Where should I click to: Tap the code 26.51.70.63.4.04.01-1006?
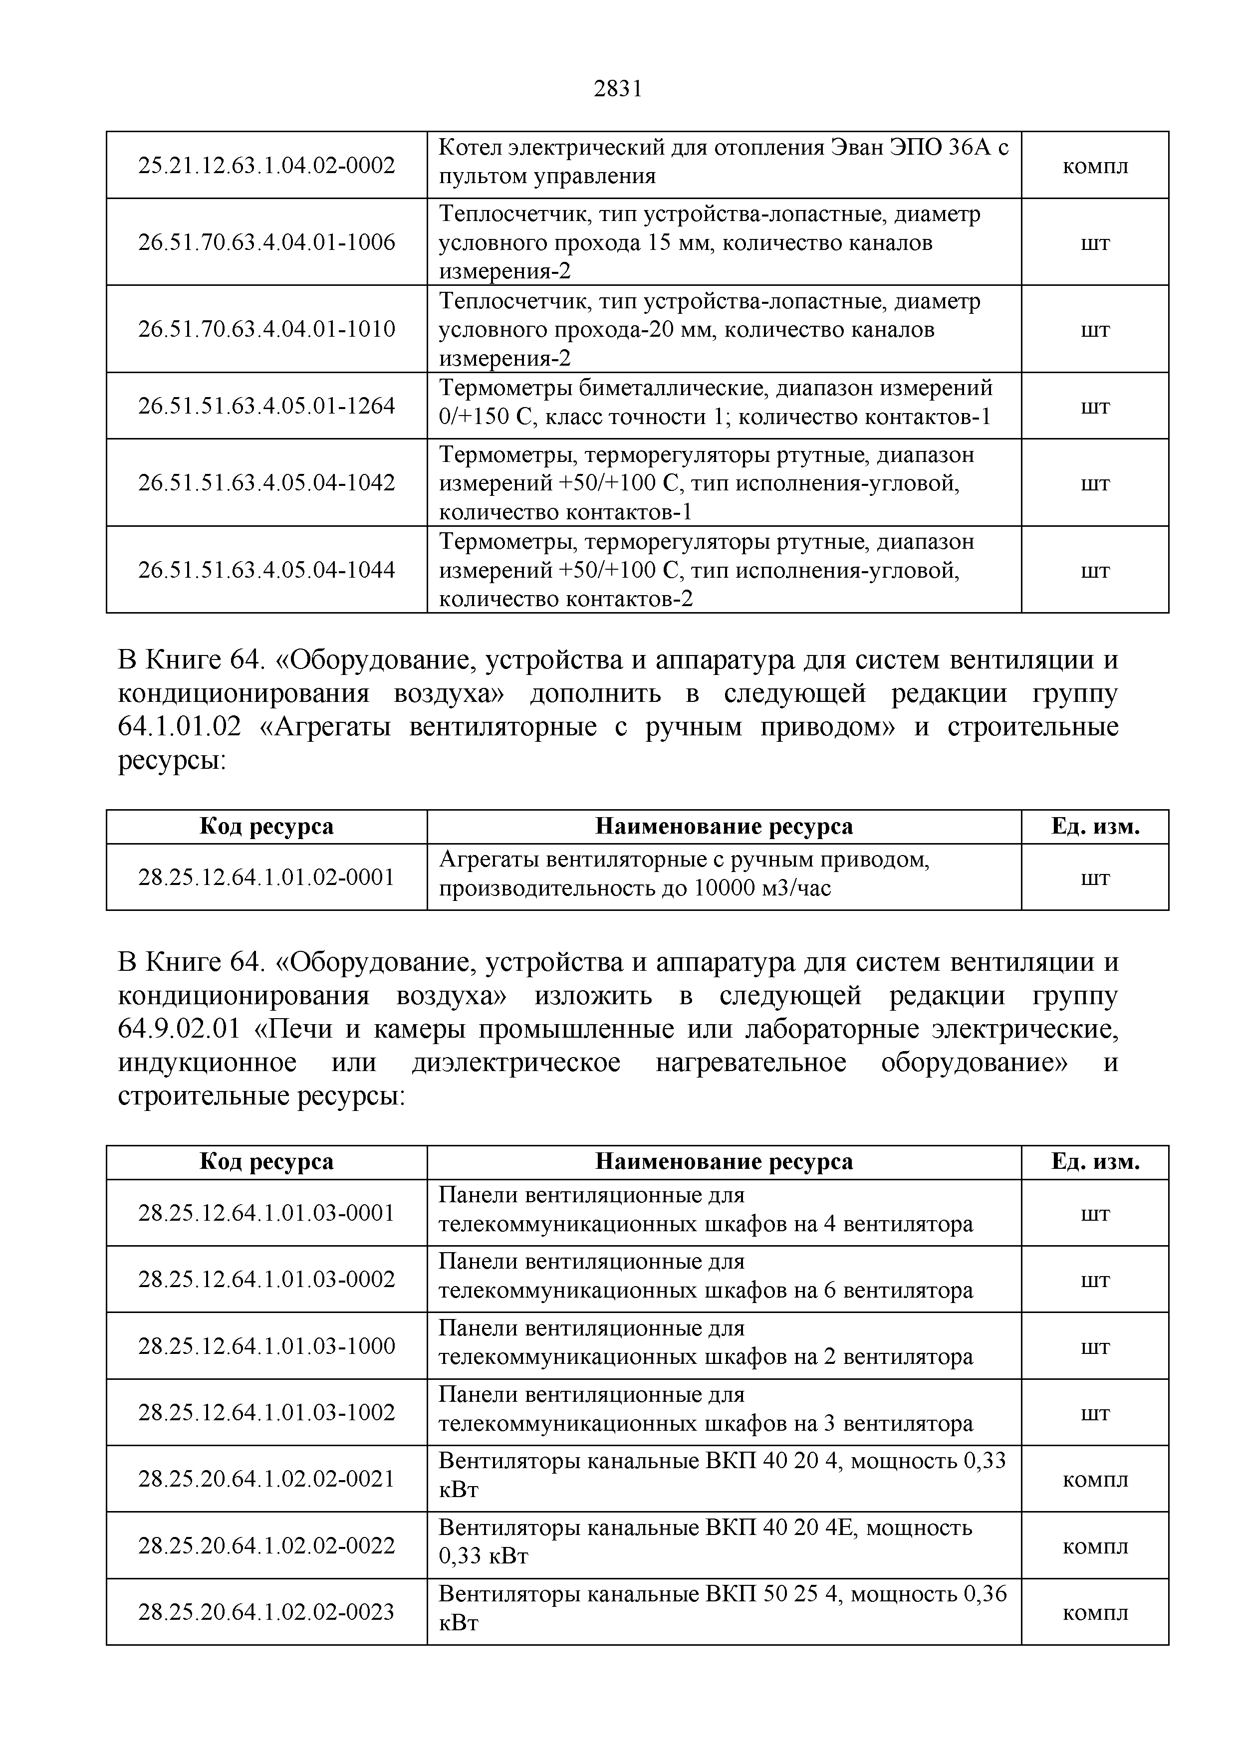pyautogui.click(x=267, y=242)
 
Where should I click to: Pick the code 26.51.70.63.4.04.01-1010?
pyautogui.click(x=267, y=329)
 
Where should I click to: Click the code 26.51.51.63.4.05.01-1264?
pyautogui.click(x=267, y=406)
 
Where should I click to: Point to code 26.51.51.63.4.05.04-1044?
pyautogui.click(x=267, y=569)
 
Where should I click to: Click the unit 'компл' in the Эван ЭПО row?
pyautogui.click(x=1095, y=166)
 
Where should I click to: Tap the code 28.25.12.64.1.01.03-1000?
pyautogui.click(x=267, y=1345)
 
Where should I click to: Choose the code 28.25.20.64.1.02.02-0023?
pyautogui.click(x=267, y=1611)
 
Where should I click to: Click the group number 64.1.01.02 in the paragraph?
pyautogui.click(x=179, y=727)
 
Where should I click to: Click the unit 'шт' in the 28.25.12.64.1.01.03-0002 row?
pyautogui.click(x=1095, y=1280)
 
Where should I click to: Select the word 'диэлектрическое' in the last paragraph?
pyautogui.click(x=516, y=1063)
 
